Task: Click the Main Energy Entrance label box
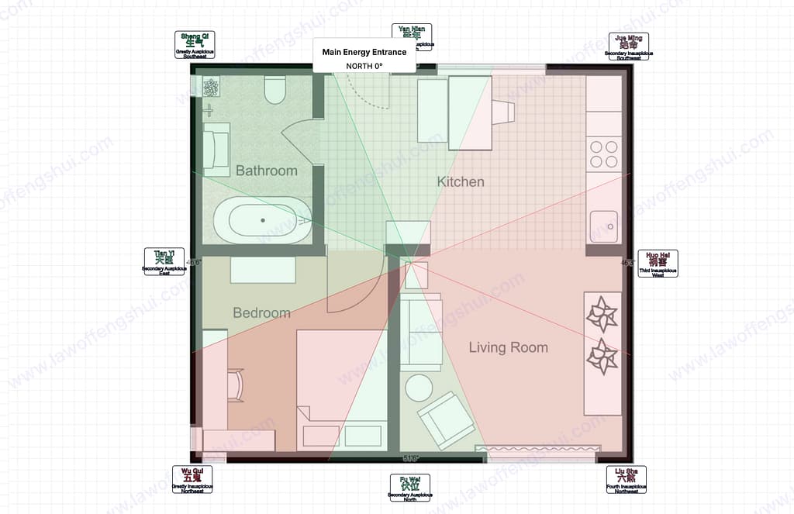364,57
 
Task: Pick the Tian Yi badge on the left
164,262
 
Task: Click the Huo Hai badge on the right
658,264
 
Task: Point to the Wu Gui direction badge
192,480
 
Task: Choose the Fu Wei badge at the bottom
409,488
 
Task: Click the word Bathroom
266,171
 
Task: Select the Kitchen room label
461,182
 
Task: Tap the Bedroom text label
261,313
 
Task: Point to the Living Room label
508,348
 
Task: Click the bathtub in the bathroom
262,220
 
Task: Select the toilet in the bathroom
275,91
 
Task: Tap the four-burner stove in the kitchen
603,154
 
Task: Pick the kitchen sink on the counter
603,226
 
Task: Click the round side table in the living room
419,387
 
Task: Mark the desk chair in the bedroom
233,385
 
